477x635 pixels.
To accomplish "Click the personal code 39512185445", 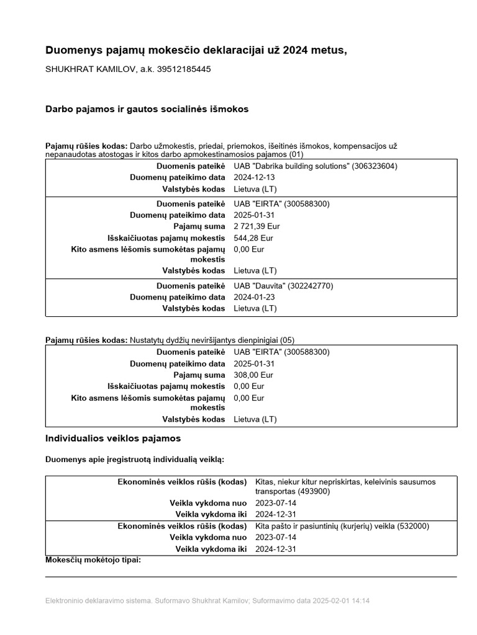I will [x=185, y=69].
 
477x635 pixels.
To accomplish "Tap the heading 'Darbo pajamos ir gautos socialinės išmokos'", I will [x=147, y=109].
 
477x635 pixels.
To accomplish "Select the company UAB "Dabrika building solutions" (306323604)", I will [x=316, y=166].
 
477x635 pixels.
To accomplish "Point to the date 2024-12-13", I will [x=254, y=177].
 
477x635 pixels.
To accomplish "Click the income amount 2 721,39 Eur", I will [x=257, y=226].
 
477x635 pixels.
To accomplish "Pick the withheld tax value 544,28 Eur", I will [x=253, y=238].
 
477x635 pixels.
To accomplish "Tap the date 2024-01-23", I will [x=254, y=297].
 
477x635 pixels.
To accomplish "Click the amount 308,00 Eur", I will [x=253, y=375].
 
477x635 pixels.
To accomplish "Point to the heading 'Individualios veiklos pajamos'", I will [x=113, y=438].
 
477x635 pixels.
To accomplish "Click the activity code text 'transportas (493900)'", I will [x=293, y=491].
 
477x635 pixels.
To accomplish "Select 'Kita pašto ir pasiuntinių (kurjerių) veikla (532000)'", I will [x=342, y=526].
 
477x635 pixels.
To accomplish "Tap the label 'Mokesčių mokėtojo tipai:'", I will [x=93, y=560].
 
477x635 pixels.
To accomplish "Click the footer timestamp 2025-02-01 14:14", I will [x=342, y=601].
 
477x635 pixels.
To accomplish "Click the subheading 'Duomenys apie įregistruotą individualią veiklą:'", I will [x=135, y=460].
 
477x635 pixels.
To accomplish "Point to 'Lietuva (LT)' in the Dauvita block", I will [x=255, y=308].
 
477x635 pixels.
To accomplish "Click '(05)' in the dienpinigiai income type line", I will [x=287, y=340].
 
